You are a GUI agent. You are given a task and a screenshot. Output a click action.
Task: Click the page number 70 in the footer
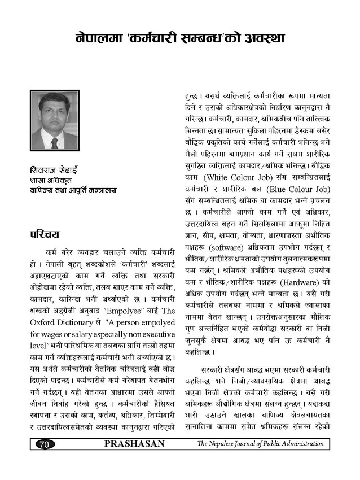coord(43,444)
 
